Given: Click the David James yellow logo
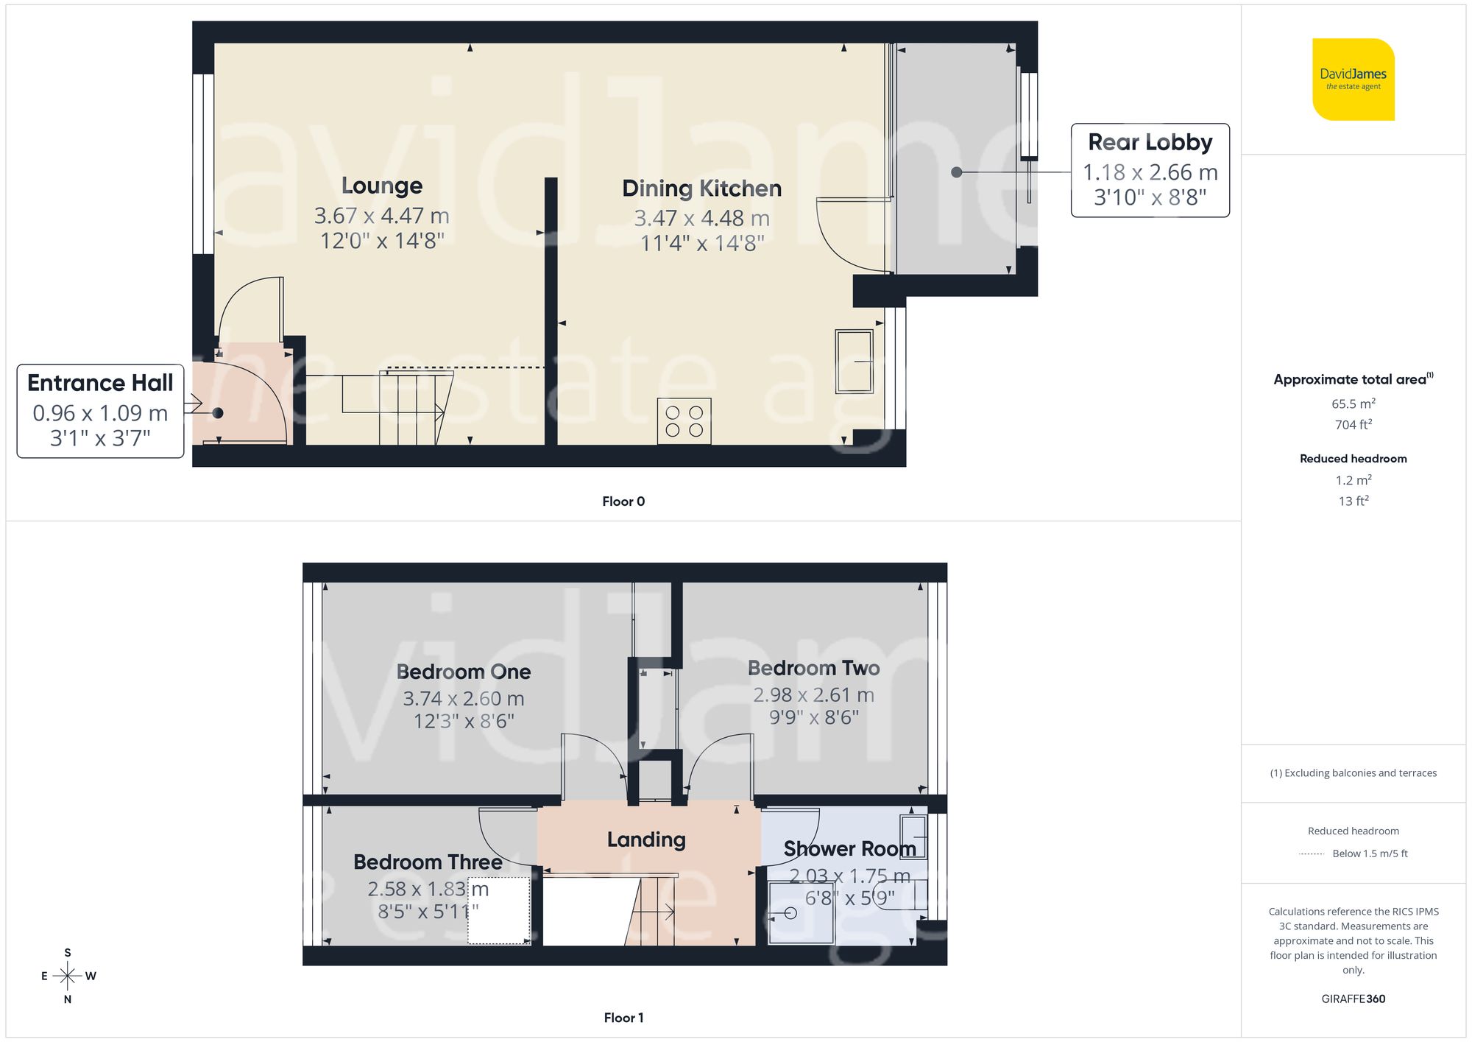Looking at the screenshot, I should (1353, 80).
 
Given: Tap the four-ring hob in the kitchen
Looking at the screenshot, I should (684, 421).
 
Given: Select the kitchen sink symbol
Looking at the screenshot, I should (854, 362).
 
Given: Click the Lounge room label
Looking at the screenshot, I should (382, 186).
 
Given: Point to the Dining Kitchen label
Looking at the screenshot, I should (701, 189).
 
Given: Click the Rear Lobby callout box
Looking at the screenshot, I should (1150, 170).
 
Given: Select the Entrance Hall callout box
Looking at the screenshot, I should (100, 410).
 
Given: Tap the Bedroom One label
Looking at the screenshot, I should (464, 672).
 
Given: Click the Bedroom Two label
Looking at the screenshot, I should (813, 668).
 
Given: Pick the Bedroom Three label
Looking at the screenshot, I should (428, 862).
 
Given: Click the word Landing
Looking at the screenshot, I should (646, 839).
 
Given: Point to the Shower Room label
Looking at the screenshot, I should (849, 849).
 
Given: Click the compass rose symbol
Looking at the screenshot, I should (67, 976).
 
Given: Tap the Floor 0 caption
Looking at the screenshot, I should (623, 501).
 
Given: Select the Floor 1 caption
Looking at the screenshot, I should (623, 1018).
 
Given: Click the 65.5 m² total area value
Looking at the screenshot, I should (1353, 404).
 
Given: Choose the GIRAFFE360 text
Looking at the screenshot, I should (1353, 999).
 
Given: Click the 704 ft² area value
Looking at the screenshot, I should (1353, 424).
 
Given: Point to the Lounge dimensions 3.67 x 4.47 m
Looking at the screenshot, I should (381, 216).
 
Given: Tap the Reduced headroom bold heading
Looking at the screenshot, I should (1353, 459).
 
